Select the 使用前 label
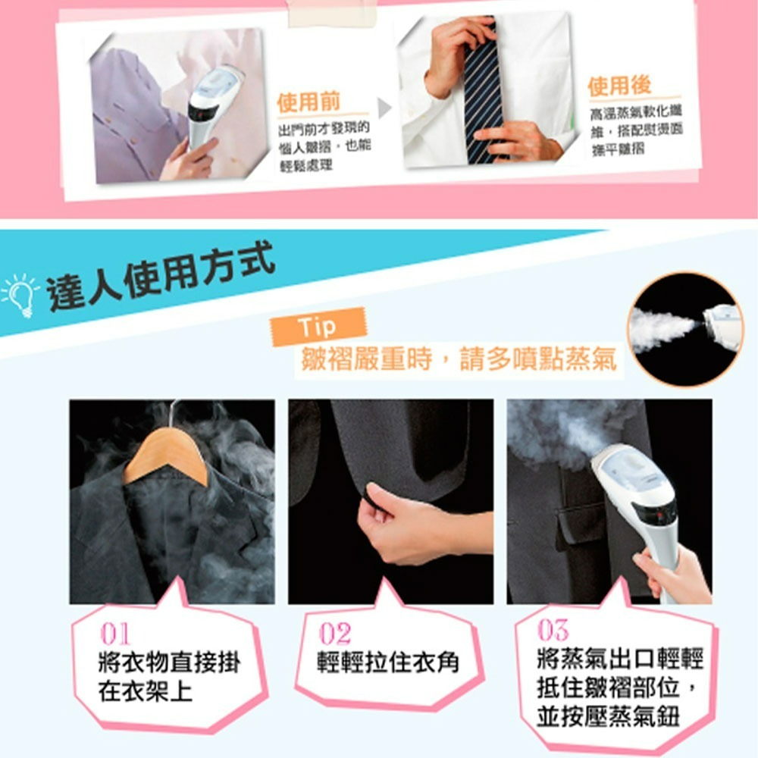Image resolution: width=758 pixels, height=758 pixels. (309, 102)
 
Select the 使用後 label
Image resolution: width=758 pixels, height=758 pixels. (619, 85)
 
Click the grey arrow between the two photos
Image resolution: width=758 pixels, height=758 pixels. (385, 109)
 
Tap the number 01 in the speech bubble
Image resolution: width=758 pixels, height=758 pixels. (115, 634)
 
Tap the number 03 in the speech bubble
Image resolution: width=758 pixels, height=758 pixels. (553, 630)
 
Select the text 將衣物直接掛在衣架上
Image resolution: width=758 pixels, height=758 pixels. (168, 677)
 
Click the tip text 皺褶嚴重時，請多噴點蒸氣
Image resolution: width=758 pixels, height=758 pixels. (459, 359)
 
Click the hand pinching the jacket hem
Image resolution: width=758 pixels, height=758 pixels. (402, 531)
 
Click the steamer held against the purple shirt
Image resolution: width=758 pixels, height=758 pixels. (211, 102)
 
